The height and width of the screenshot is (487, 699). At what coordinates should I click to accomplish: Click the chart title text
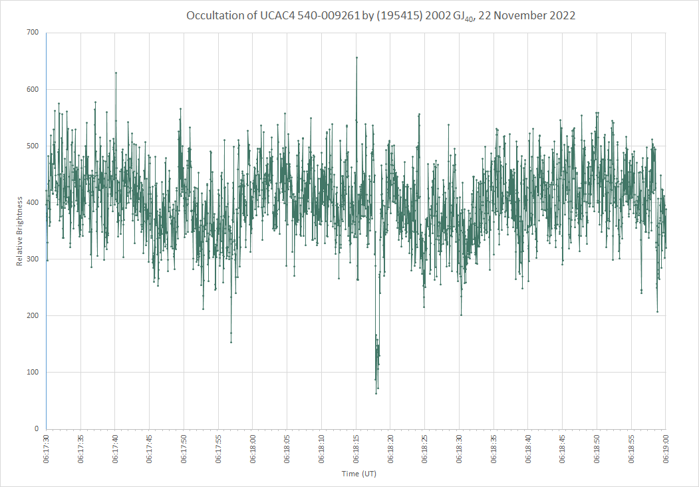pyautogui.click(x=380, y=16)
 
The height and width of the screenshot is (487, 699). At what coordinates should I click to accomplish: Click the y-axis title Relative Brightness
pyautogui.click(x=19, y=231)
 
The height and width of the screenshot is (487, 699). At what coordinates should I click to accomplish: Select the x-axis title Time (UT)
pyautogui.click(x=359, y=474)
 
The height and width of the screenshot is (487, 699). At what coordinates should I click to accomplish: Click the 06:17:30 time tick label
pyautogui.click(x=47, y=448)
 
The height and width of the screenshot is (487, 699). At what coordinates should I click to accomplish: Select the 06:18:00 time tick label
pyautogui.click(x=253, y=448)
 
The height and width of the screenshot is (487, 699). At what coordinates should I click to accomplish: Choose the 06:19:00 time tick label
pyautogui.click(x=666, y=448)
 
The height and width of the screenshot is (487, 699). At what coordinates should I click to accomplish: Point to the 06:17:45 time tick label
pyautogui.click(x=150, y=448)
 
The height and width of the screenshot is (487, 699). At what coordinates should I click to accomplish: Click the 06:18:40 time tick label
pyautogui.click(x=528, y=448)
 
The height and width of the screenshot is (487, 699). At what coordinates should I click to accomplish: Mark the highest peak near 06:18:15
pyautogui.click(x=356, y=57)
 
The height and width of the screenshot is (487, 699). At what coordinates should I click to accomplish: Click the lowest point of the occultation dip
pyautogui.click(x=376, y=393)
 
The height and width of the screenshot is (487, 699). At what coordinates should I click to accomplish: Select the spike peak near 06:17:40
pyautogui.click(x=116, y=73)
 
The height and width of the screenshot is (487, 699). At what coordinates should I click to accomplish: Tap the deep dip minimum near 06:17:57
pyautogui.click(x=231, y=342)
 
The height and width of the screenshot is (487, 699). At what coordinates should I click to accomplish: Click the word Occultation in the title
pyautogui.click(x=215, y=15)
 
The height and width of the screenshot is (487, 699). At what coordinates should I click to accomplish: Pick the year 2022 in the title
pyautogui.click(x=562, y=15)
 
